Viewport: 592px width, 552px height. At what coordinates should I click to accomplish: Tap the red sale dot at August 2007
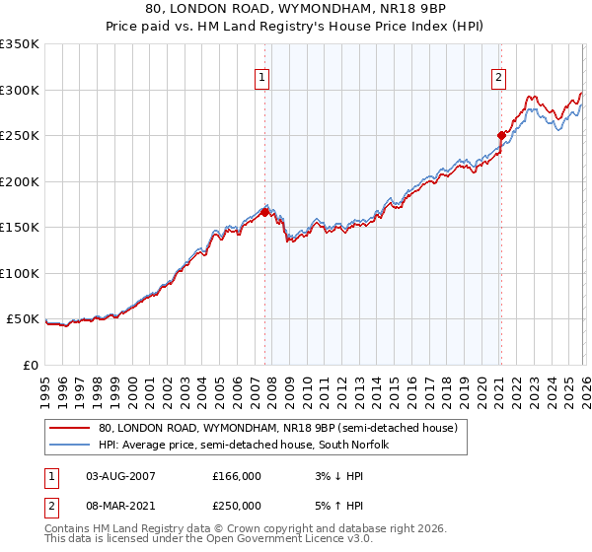pyautogui.click(x=264, y=212)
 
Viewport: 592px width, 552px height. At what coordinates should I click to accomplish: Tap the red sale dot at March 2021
pyautogui.click(x=501, y=135)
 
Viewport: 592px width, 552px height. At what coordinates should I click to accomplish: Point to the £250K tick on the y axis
pyautogui.click(x=20, y=136)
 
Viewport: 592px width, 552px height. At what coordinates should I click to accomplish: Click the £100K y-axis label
pyautogui.click(x=20, y=273)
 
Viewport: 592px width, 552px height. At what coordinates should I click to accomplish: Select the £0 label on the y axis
pyautogui.click(x=30, y=365)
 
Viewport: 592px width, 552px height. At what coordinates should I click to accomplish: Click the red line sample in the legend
pyautogui.click(x=70, y=429)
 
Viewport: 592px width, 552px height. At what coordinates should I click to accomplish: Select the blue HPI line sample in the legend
pyautogui.click(x=70, y=446)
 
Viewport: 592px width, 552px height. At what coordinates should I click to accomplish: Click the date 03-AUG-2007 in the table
pyautogui.click(x=120, y=476)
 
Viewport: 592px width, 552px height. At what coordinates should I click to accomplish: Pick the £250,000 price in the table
pyautogui.click(x=237, y=505)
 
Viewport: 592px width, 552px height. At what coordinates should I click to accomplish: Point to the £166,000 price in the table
pyautogui.click(x=237, y=476)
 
